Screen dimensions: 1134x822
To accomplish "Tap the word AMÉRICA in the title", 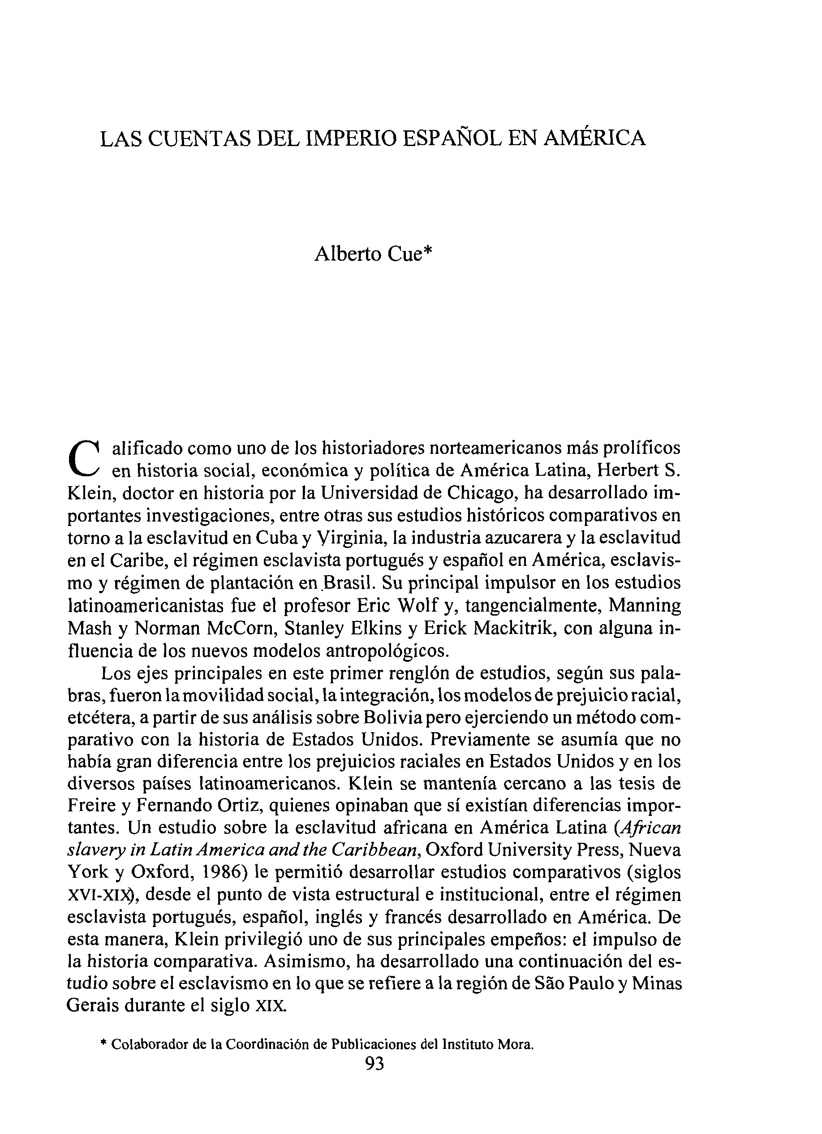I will coord(594,138).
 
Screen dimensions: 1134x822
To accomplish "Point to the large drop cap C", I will coord(84,459).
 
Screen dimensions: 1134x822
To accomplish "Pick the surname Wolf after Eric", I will coord(418,605).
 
